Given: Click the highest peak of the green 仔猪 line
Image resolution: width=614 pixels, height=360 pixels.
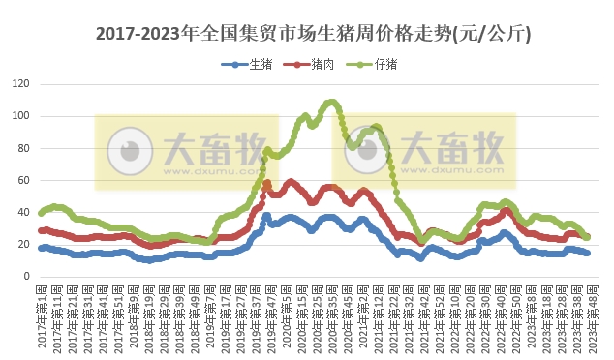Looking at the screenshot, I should point(331,102).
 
